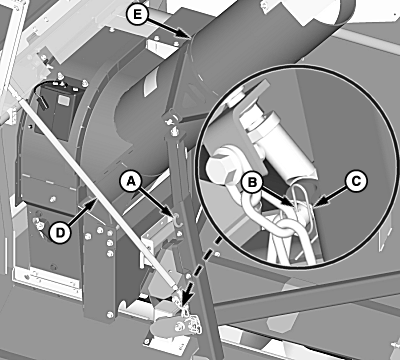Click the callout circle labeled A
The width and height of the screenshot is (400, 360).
[132, 181]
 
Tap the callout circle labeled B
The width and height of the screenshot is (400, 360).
[253, 182]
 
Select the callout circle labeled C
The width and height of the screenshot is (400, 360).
[356, 182]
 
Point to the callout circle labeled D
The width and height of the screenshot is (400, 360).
[60, 232]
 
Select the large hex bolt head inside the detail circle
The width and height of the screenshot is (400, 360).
[222, 167]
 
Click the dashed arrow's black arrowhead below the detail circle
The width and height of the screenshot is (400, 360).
[184, 298]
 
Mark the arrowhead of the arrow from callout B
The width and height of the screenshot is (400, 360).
[292, 203]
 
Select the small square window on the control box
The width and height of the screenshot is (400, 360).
[63, 99]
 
